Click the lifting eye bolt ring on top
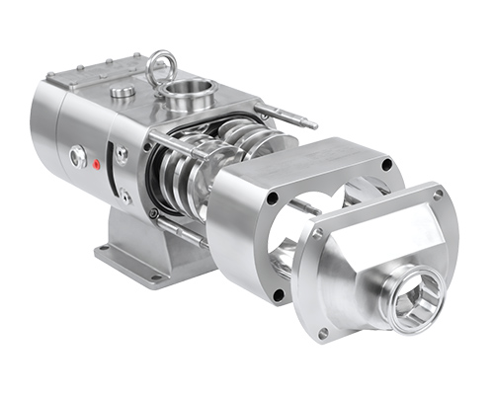pyautogui.click(x=158, y=67)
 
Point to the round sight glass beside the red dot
pyautogui.click(x=75, y=156)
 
